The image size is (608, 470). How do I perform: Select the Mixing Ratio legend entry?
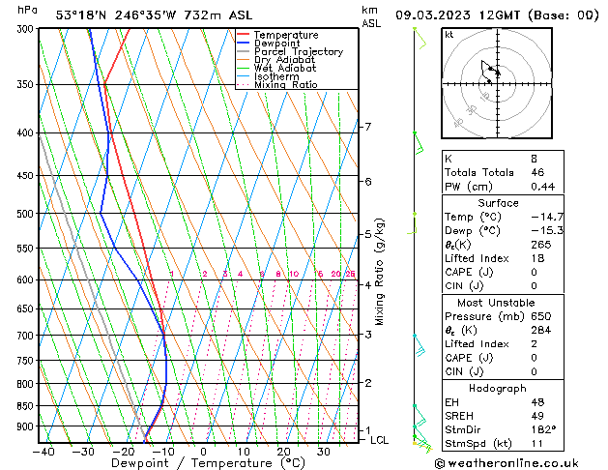pos(285,85)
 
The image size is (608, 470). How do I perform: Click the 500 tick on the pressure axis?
pos(27,214)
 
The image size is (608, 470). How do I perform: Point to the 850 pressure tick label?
pos(27,406)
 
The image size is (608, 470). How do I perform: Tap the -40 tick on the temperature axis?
pos(43,452)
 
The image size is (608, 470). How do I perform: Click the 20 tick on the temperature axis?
pos(283,452)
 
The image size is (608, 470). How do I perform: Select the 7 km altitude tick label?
pos(367,127)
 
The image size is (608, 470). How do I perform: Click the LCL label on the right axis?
pos(379,440)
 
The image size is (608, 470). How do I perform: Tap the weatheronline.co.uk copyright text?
pos(520,462)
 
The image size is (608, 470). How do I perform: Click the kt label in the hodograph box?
pos(449,34)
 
